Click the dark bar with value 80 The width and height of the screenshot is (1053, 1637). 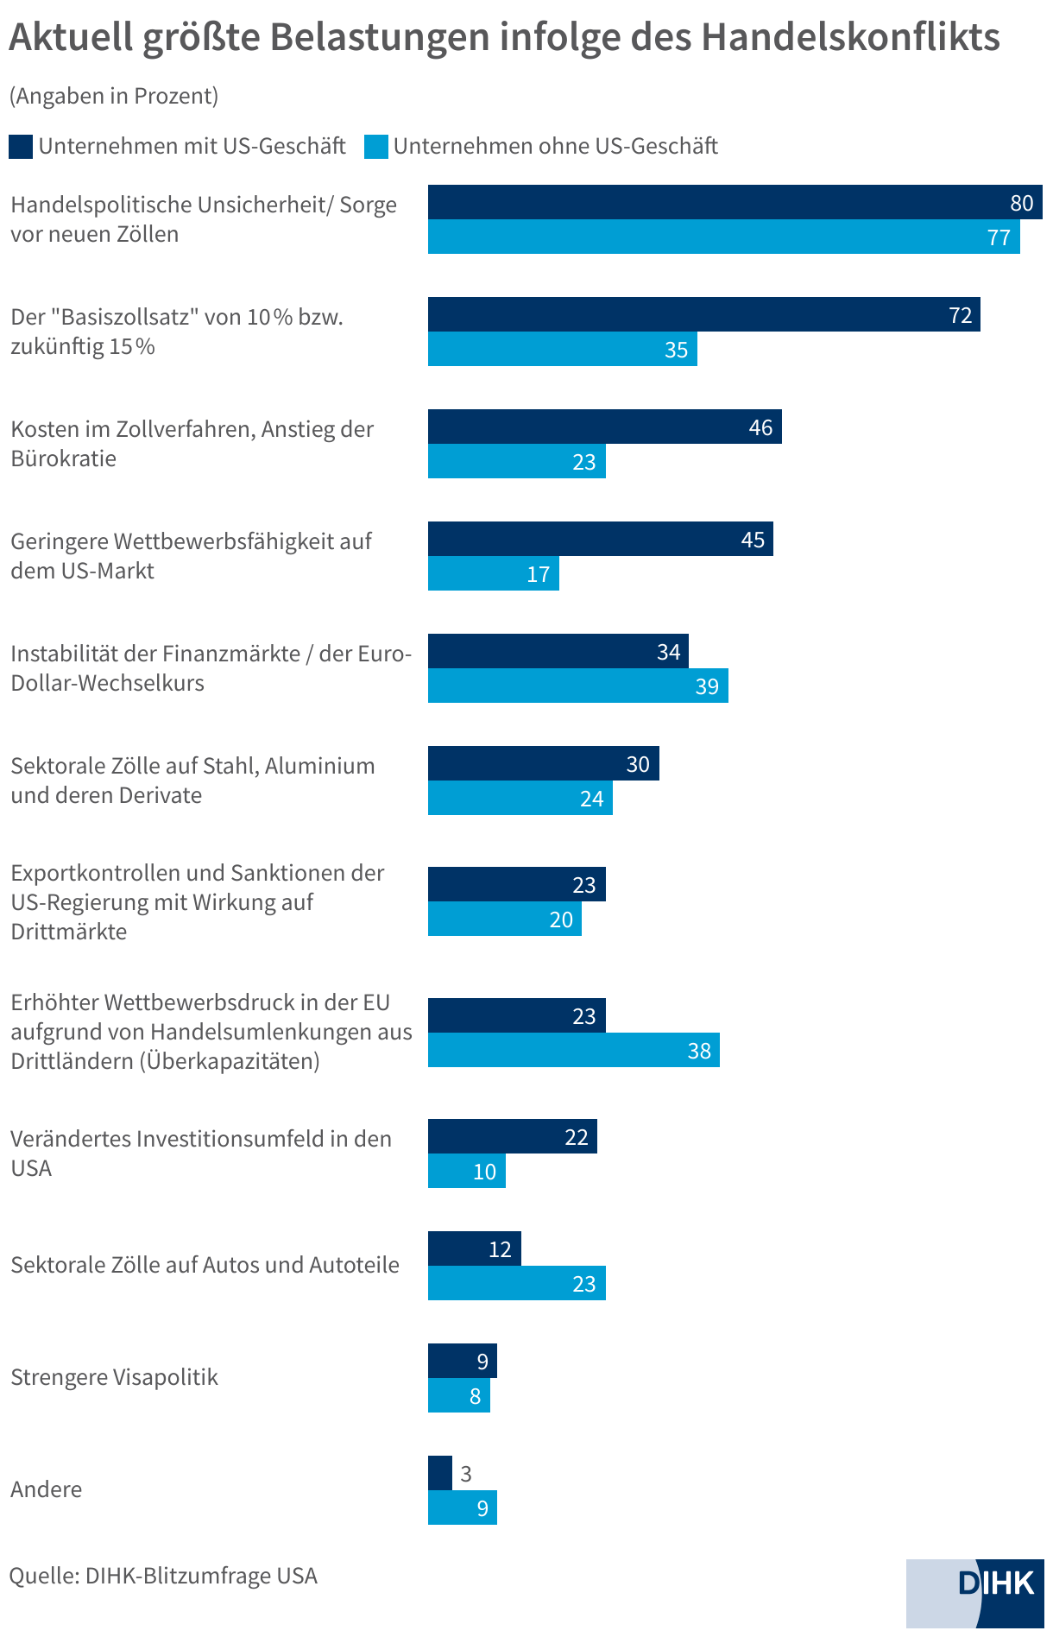(x=734, y=202)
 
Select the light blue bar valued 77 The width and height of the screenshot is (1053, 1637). (x=723, y=237)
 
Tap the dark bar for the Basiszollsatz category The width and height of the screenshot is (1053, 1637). (x=703, y=314)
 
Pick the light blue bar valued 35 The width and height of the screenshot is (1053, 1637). (x=562, y=349)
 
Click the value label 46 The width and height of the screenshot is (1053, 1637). (x=760, y=427)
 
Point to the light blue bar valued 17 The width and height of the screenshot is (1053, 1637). (x=493, y=573)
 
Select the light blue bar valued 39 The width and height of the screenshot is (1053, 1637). (x=577, y=686)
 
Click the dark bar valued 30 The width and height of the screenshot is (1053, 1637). (x=543, y=763)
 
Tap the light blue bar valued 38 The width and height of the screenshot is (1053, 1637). (x=573, y=1050)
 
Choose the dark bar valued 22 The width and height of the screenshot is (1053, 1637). (x=512, y=1136)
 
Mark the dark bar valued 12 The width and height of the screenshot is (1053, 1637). (x=474, y=1248)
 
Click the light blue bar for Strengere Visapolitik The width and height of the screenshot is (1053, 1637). (x=458, y=1395)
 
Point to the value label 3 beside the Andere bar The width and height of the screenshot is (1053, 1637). (x=466, y=1474)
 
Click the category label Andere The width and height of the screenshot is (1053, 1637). (x=47, y=1489)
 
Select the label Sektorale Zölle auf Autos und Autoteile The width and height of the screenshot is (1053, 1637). (x=205, y=1265)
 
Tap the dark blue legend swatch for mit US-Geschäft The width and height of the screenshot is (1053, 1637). (x=21, y=146)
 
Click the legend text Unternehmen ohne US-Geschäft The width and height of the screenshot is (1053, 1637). (x=555, y=146)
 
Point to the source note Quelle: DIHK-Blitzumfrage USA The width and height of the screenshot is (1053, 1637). (x=163, y=1576)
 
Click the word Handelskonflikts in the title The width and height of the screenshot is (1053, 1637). (x=849, y=37)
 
